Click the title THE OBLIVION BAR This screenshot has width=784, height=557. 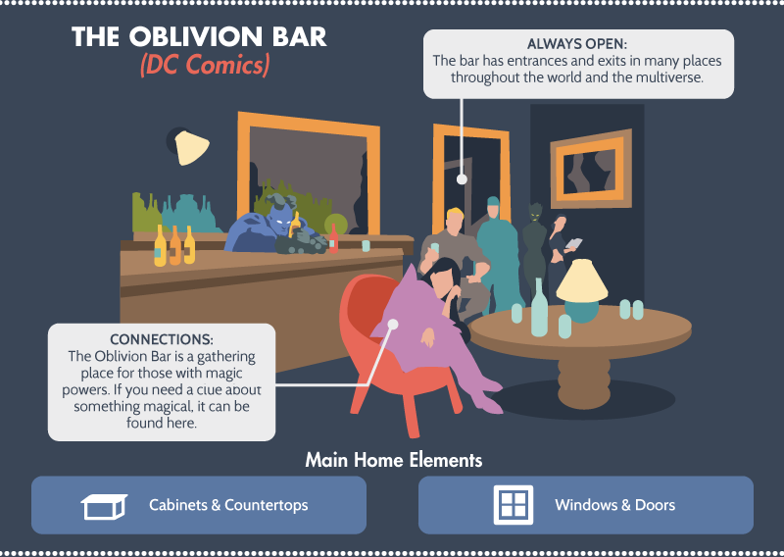[x=199, y=37]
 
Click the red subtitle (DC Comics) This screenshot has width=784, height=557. [x=205, y=65]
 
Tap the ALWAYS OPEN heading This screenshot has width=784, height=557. [x=577, y=44]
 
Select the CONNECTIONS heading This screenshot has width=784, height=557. [x=162, y=339]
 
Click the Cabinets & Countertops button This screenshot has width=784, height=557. [x=199, y=505]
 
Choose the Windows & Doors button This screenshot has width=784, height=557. [x=585, y=505]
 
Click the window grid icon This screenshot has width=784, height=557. [x=514, y=505]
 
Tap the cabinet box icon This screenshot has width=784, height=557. [x=104, y=506]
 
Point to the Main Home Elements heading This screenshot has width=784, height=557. [x=394, y=460]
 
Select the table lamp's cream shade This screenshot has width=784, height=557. [x=582, y=281]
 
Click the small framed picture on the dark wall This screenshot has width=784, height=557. [x=591, y=169]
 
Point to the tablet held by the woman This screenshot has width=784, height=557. [x=573, y=244]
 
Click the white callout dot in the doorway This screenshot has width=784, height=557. [x=462, y=179]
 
